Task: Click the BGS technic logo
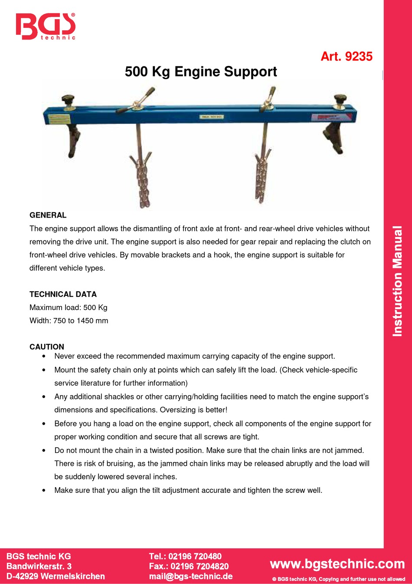(x=46, y=26)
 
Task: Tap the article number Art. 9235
(x=346, y=56)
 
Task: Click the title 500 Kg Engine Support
(x=201, y=72)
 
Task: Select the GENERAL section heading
(x=48, y=215)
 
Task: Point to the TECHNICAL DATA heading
(x=63, y=294)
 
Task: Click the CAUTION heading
(x=47, y=346)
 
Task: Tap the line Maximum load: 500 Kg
(x=69, y=307)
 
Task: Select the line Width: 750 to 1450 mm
(x=69, y=320)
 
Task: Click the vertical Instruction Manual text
(x=397, y=281)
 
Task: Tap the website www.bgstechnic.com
(x=337, y=564)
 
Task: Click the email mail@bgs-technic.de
(x=191, y=576)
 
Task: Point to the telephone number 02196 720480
(x=195, y=556)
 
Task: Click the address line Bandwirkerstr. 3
(x=39, y=566)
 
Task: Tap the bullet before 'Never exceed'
(x=44, y=356)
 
